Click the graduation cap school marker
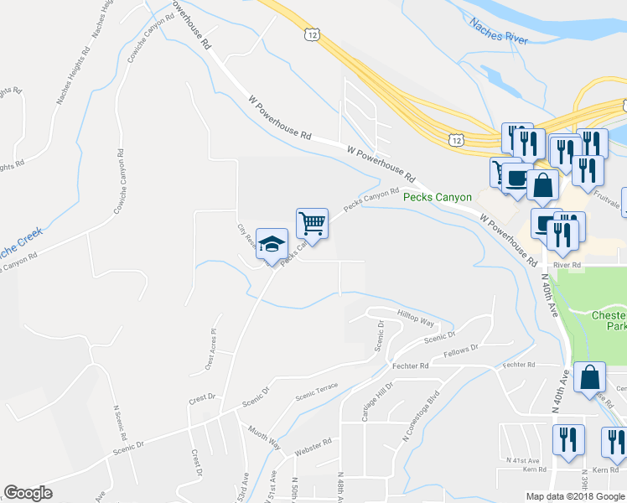(x=272, y=245)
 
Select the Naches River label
(x=499, y=33)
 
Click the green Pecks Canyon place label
(x=438, y=197)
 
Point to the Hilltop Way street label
(x=416, y=320)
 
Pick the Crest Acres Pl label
(x=210, y=350)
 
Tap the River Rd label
(x=567, y=265)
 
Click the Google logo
(x=28, y=493)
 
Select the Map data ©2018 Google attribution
(x=575, y=496)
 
